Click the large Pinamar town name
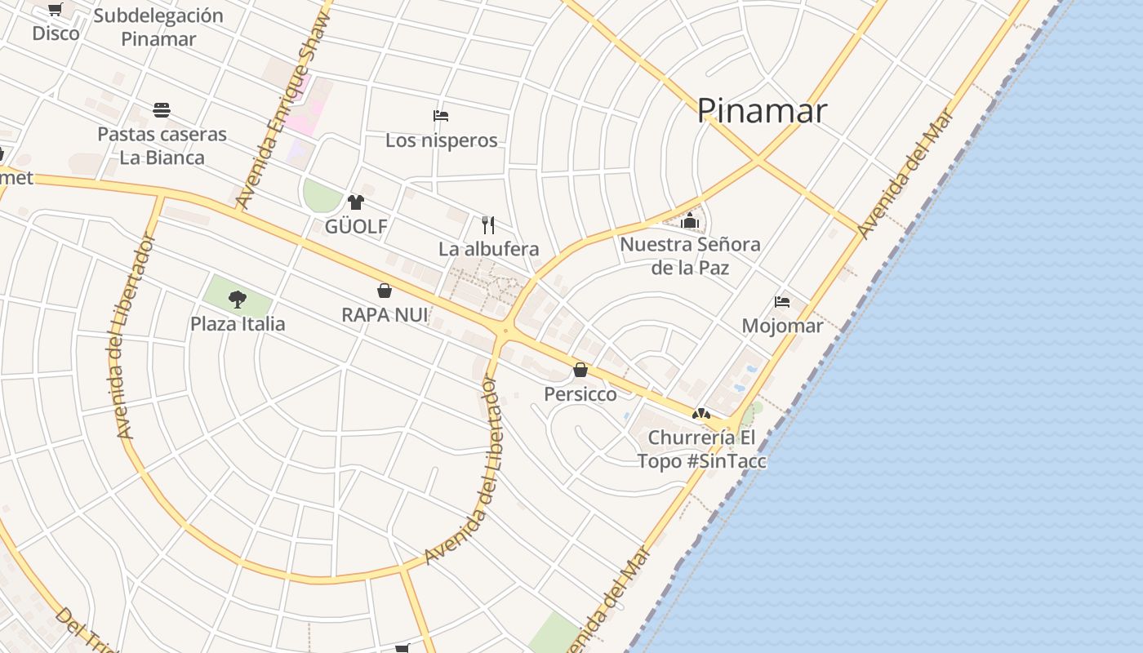762,111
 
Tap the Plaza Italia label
238,324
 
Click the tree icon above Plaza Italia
238,300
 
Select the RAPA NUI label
385,314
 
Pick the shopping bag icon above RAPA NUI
385,291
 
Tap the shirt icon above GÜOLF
355,202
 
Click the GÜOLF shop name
356,226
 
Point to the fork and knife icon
488,224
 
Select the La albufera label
488,249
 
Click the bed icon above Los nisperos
441,116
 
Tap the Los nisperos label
441,140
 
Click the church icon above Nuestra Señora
690,220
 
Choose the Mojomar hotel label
782,326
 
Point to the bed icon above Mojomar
782,302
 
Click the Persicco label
580,394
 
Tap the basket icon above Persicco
580,370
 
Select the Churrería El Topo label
702,449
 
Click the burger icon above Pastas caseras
162,110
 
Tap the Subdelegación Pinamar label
158,27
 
